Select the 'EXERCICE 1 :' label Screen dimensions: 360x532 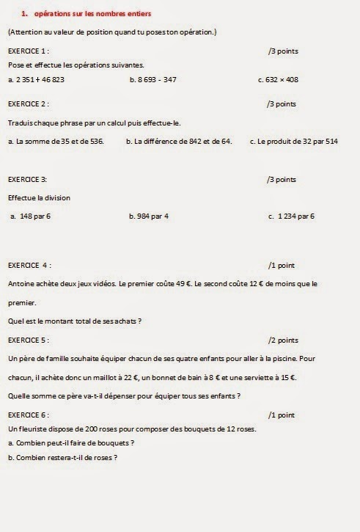[x=29, y=51]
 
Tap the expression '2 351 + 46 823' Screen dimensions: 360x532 [x=40, y=79]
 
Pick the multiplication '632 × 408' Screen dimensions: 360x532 [x=282, y=79]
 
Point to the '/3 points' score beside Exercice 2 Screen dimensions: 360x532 [x=282, y=103]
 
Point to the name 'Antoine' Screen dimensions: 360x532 [x=21, y=283]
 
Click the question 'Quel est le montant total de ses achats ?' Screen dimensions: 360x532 [x=74, y=321]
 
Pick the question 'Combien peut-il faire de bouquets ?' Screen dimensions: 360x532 [x=75, y=442]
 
